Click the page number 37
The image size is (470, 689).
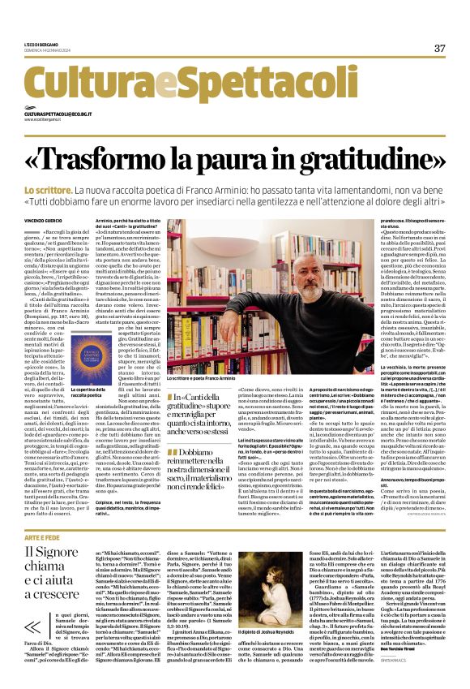pos(439,49)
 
